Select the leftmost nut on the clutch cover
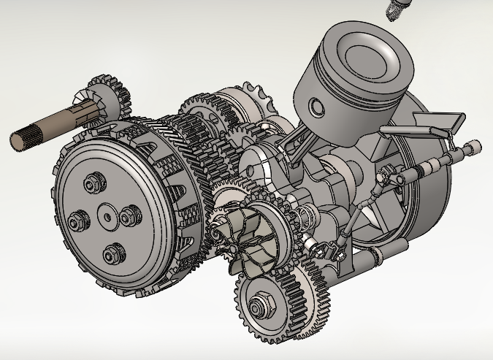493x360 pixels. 76,220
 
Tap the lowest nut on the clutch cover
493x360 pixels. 112,253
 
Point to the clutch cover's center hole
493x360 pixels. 107,216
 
